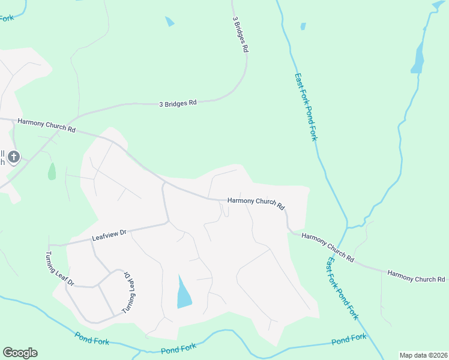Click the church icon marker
point(14,157)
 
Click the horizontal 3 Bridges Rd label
point(178,103)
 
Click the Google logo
point(20,352)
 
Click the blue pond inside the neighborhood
point(184,293)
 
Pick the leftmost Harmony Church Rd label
point(46,125)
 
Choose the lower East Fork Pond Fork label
point(343,289)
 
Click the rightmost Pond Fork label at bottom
point(349,339)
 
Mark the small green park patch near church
point(52,171)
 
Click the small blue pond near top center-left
point(170,22)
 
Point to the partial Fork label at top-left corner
point(7,18)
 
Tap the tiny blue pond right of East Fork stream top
point(303,26)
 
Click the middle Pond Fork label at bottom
point(178,348)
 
